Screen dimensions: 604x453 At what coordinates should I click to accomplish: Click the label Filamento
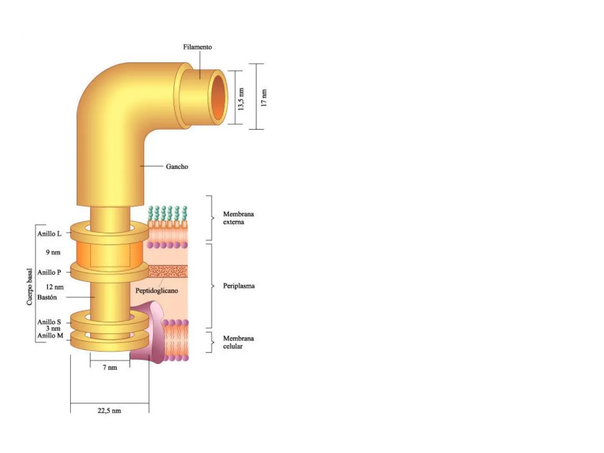click(x=197, y=47)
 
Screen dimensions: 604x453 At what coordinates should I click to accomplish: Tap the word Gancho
click(x=177, y=167)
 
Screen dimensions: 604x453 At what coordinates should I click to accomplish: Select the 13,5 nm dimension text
click(x=241, y=99)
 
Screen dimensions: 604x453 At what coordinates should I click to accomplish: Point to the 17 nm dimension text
click(x=263, y=98)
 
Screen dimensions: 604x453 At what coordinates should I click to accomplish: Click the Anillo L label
click(x=49, y=234)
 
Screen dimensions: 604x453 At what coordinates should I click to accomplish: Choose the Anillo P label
click(x=49, y=272)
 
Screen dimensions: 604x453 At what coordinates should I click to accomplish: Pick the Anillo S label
click(x=49, y=322)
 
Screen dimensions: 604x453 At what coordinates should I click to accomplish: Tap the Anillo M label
click(x=50, y=335)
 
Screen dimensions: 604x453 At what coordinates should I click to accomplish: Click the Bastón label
click(x=47, y=297)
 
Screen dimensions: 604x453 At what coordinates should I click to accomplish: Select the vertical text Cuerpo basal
click(x=29, y=286)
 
